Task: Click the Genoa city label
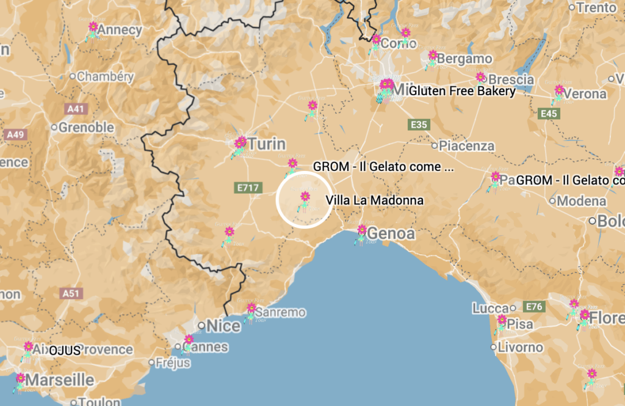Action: [391, 234]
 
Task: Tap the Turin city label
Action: [267, 144]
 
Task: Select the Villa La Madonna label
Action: [375, 200]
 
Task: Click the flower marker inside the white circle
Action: [305, 197]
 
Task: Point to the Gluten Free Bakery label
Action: [462, 91]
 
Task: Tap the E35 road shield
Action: [419, 125]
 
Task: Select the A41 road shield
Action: [76, 109]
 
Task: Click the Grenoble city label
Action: [86, 128]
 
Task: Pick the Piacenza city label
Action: [466, 146]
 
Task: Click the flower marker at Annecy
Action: [93, 27]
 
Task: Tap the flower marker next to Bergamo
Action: [432, 56]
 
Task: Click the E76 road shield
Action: [534, 306]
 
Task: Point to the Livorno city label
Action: [520, 347]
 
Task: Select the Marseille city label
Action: [60, 380]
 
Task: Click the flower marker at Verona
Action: [558, 90]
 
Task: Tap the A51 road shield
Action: [71, 293]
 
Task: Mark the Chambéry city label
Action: [105, 77]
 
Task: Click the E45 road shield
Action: [549, 114]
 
